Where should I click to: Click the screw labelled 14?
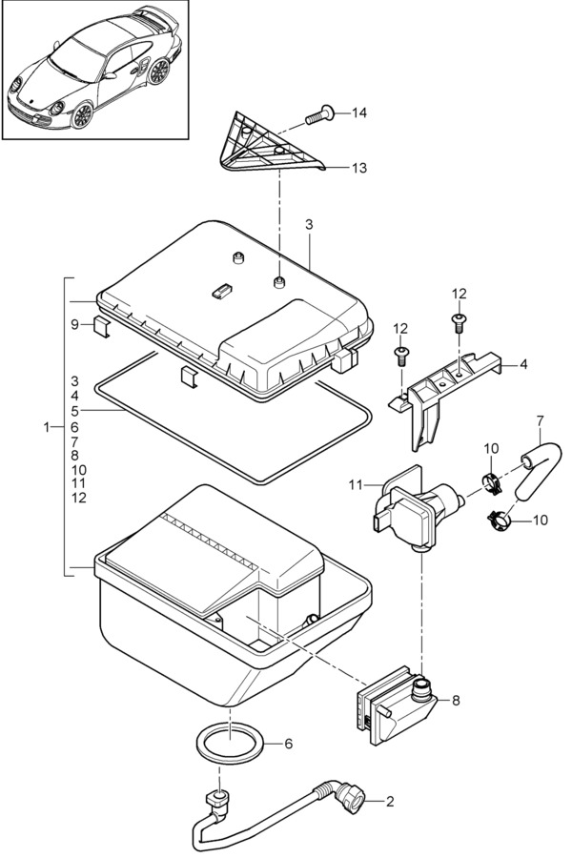(x=319, y=115)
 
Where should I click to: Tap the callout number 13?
(x=359, y=168)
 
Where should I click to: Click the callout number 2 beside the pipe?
(x=390, y=802)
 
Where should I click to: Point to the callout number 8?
(x=456, y=700)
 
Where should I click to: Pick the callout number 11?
(x=356, y=484)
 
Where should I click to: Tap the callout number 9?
(x=75, y=324)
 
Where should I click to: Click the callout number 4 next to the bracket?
(x=523, y=364)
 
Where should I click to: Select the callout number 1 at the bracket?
(x=47, y=427)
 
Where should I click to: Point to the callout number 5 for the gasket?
(x=75, y=410)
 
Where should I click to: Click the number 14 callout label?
(x=359, y=112)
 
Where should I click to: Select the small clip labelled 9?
(x=101, y=327)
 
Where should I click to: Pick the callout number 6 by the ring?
(x=289, y=744)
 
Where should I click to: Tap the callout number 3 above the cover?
(x=309, y=224)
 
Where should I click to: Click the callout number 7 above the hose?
(x=541, y=421)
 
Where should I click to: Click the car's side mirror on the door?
(x=110, y=75)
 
